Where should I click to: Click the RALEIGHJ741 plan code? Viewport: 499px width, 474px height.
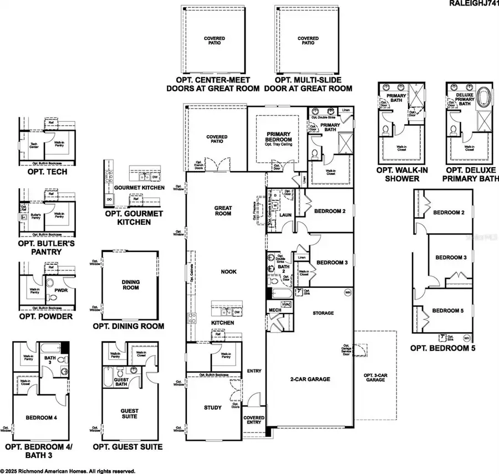pos(472,4)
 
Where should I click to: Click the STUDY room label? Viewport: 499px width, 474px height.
pos(213,408)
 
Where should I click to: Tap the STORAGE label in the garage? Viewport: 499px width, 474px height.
pos(323,313)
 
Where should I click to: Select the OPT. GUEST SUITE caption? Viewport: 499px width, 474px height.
pos(128,446)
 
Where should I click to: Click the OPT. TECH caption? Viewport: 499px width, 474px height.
pos(47,172)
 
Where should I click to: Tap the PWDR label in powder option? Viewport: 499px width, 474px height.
pos(60,288)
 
